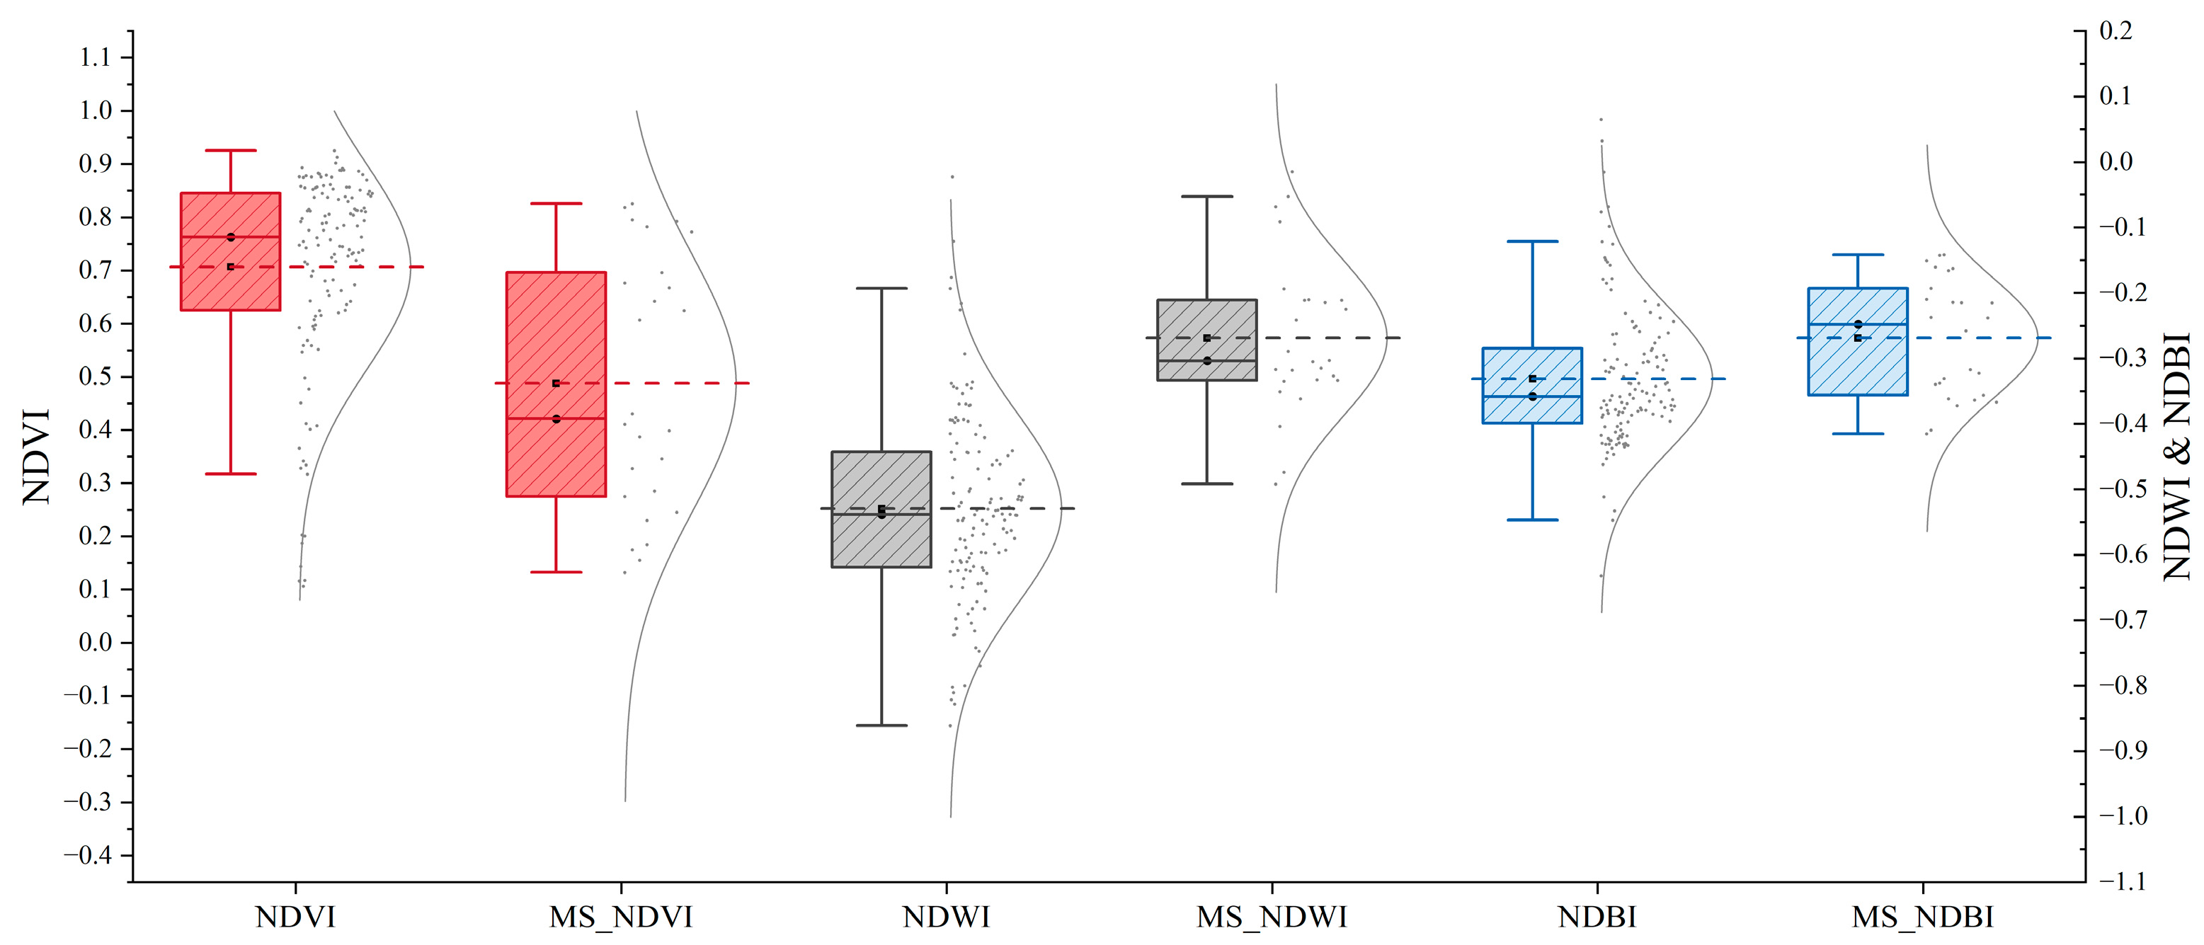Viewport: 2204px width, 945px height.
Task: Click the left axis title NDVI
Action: [x=36, y=456]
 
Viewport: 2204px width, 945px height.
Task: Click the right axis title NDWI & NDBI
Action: [x=2178, y=456]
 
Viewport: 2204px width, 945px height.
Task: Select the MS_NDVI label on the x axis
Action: [x=620, y=917]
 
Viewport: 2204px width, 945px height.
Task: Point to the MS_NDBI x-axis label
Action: [x=1922, y=917]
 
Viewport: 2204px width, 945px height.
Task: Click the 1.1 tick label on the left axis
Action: [x=95, y=57]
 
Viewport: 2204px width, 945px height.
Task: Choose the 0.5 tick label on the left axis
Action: [x=95, y=377]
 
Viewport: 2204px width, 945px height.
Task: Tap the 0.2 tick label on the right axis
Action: [x=2116, y=30]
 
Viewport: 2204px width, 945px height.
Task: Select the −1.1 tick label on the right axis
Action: [x=2121, y=881]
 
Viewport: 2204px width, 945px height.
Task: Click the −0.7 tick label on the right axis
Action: [x=2121, y=619]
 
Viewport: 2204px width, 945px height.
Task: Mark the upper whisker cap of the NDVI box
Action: [x=230, y=151]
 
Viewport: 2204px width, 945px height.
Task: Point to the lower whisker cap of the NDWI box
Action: [x=881, y=726]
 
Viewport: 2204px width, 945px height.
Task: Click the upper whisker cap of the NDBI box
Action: [x=1532, y=241]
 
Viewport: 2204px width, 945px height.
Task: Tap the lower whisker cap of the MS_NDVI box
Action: [x=556, y=571]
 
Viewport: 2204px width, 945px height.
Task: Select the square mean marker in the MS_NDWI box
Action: [x=1206, y=338]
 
